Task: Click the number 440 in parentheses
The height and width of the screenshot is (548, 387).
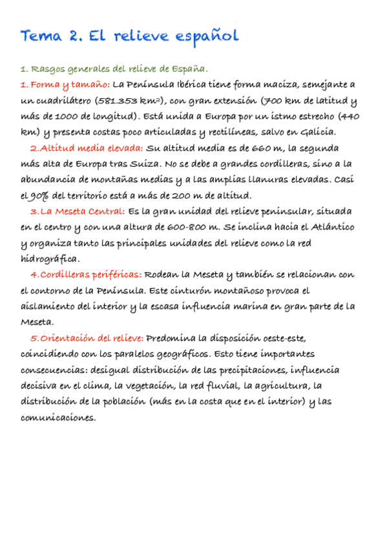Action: [x=350, y=116]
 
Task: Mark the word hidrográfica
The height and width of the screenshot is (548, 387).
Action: [x=50, y=258]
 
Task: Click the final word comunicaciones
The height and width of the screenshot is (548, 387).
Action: [x=58, y=417]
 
